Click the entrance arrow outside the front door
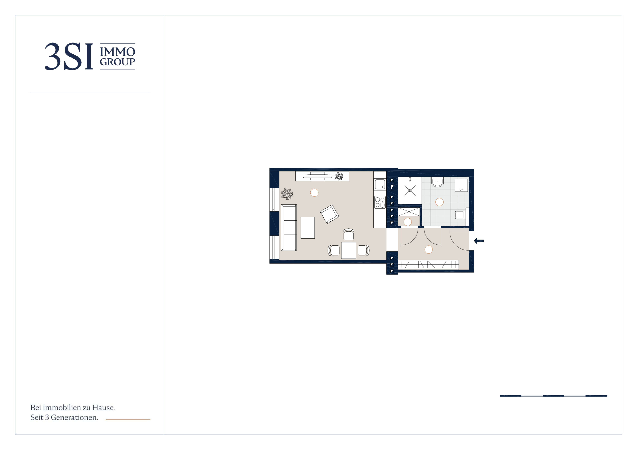tap(479, 241)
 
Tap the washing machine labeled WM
tap(461, 185)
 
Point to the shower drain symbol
tap(410, 190)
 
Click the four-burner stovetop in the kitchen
tap(380, 202)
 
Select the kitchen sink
tap(380, 184)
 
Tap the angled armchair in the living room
tap(329, 214)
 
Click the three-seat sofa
tap(289, 228)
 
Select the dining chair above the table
tap(348, 235)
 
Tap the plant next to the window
tap(287, 194)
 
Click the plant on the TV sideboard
tap(339, 176)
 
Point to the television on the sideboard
tap(317, 176)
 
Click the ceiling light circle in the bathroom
tap(439, 202)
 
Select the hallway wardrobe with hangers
tap(428, 265)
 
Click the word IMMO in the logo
tap(117, 52)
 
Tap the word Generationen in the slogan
tap(74, 417)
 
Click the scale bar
tap(553, 396)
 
